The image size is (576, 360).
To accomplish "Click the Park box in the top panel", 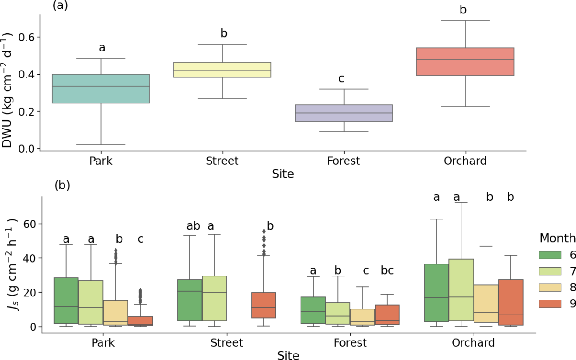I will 101,88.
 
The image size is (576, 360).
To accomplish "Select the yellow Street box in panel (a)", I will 223,70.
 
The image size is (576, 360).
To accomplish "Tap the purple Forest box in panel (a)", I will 344,113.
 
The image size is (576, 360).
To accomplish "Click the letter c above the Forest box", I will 341,78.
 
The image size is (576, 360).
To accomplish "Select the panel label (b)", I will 63,186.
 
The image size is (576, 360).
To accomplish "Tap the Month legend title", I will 557,238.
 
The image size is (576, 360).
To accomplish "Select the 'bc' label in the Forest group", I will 387,270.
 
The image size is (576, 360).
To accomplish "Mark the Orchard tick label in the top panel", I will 465,161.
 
